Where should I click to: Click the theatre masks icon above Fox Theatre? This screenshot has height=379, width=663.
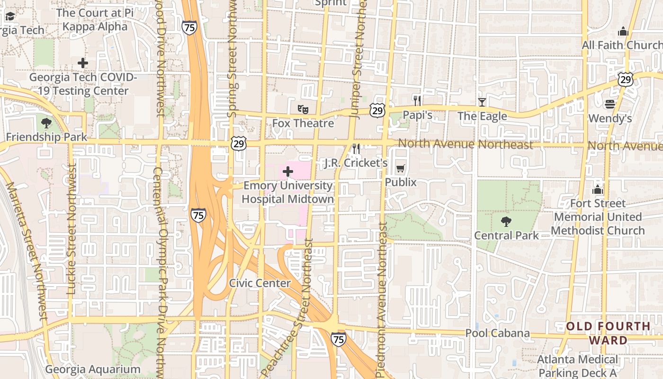[303, 109]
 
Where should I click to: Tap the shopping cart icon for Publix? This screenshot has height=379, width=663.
[400, 168]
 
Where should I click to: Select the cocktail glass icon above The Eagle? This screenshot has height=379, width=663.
[482, 102]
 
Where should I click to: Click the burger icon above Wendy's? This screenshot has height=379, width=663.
[610, 104]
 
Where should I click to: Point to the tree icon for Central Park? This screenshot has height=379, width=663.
[506, 221]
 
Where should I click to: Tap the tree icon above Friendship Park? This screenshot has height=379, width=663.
[46, 123]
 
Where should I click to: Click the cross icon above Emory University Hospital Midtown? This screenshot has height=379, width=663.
[287, 171]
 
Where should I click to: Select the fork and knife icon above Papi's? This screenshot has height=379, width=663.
[417, 100]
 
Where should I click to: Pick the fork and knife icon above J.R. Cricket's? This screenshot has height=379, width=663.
[356, 149]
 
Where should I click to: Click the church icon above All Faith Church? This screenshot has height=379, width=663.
[623, 31]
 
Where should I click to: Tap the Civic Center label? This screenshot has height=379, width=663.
[260, 283]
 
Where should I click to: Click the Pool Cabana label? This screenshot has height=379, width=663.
[497, 333]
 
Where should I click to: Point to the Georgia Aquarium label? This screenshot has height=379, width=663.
[93, 370]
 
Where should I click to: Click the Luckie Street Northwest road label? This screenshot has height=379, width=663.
[72, 229]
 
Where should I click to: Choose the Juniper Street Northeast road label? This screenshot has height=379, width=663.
[358, 57]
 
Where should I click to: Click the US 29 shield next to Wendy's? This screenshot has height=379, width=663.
[626, 80]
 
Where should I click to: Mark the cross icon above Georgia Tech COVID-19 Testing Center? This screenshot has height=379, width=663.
[83, 63]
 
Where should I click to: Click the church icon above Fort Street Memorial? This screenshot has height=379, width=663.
[598, 189]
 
